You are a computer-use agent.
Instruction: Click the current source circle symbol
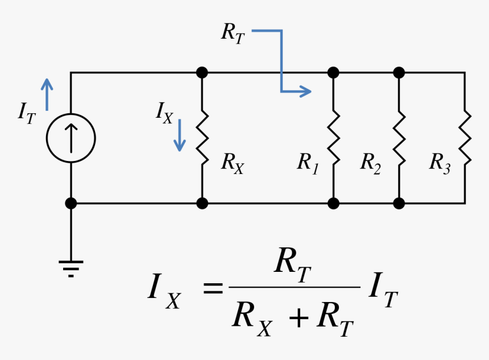(x=71, y=138)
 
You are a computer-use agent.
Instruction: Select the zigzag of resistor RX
(x=202, y=138)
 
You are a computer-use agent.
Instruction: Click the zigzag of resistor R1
(x=333, y=138)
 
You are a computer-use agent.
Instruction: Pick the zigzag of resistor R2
(x=399, y=138)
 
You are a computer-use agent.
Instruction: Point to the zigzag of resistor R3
(x=465, y=138)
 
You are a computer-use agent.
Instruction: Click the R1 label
(x=308, y=163)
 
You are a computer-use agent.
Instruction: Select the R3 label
(x=440, y=163)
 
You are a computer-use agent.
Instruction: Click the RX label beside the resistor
(x=232, y=163)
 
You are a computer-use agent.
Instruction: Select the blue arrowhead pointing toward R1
(x=306, y=91)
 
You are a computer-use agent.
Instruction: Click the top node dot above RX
(x=202, y=73)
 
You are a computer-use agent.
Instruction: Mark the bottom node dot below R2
(x=399, y=203)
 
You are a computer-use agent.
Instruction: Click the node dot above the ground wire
(x=71, y=203)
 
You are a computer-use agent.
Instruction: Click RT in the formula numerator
(x=293, y=264)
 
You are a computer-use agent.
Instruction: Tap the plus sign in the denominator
(x=298, y=319)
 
